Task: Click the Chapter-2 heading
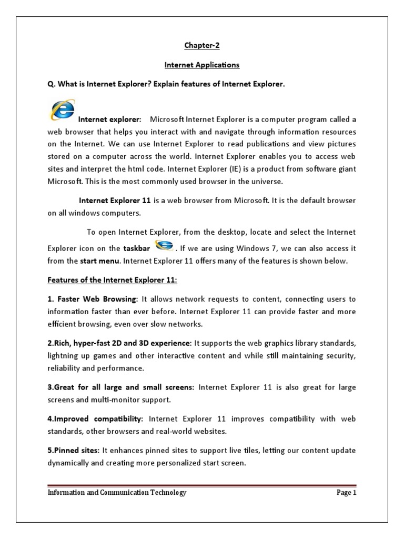(x=201, y=45)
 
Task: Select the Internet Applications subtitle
(x=201, y=65)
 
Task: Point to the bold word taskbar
(x=137, y=248)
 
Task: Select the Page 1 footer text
(x=346, y=493)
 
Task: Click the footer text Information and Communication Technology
(x=117, y=493)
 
